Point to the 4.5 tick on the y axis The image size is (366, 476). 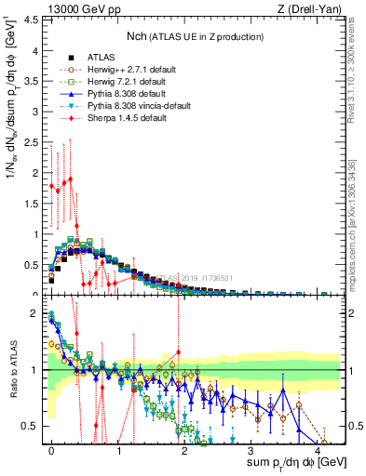tap(36, 18)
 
